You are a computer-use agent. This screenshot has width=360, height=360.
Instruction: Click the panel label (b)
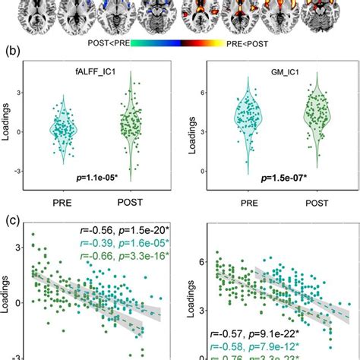pyautogui.click(x=13, y=54)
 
